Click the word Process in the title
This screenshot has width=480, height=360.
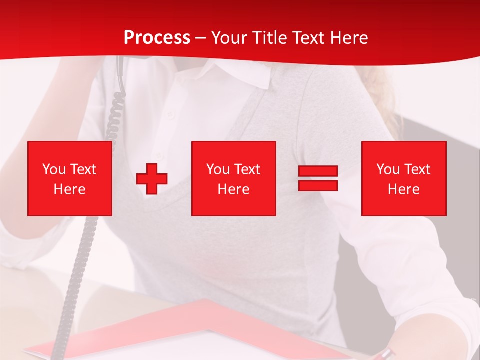tap(157, 37)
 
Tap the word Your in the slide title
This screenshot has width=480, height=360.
tap(228, 37)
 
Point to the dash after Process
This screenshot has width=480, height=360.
tap(200, 38)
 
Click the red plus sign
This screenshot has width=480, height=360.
tap(152, 178)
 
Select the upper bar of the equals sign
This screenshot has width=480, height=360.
tap(318, 171)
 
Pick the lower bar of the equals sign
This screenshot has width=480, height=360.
tap(318, 185)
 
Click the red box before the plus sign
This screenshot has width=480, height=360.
tap(70, 178)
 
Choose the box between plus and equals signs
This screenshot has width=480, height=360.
tap(233, 178)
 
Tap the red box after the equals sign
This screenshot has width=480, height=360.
tap(403, 178)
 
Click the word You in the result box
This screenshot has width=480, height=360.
tap(388, 169)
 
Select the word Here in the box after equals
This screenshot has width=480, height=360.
tap(403, 189)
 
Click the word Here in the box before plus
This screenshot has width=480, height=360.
tap(69, 189)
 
